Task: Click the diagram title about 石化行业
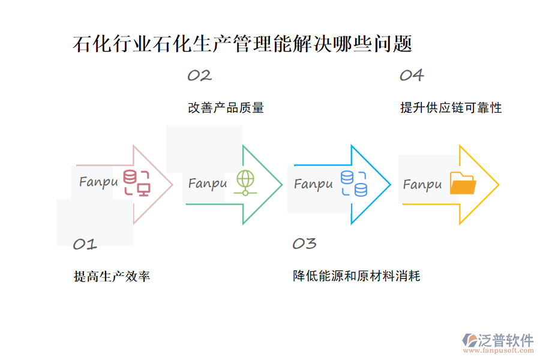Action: [x=242, y=44]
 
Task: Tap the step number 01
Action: [x=85, y=244]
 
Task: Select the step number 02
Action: [x=199, y=76]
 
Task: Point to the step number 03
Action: [x=304, y=244]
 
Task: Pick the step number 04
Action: [x=412, y=76]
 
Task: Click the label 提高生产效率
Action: [x=112, y=277]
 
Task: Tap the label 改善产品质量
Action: [x=226, y=108]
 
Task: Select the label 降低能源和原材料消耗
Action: [x=356, y=277]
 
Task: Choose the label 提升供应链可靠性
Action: [x=451, y=108]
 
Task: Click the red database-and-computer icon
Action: [x=137, y=183]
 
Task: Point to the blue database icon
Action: [x=354, y=183]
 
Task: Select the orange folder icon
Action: [x=462, y=184]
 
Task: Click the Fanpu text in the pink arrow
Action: [x=98, y=182]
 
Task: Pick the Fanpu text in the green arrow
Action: [x=208, y=184]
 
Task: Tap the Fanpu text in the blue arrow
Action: [x=313, y=184]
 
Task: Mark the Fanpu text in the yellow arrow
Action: [x=422, y=185]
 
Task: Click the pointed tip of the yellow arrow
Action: [x=498, y=185]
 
